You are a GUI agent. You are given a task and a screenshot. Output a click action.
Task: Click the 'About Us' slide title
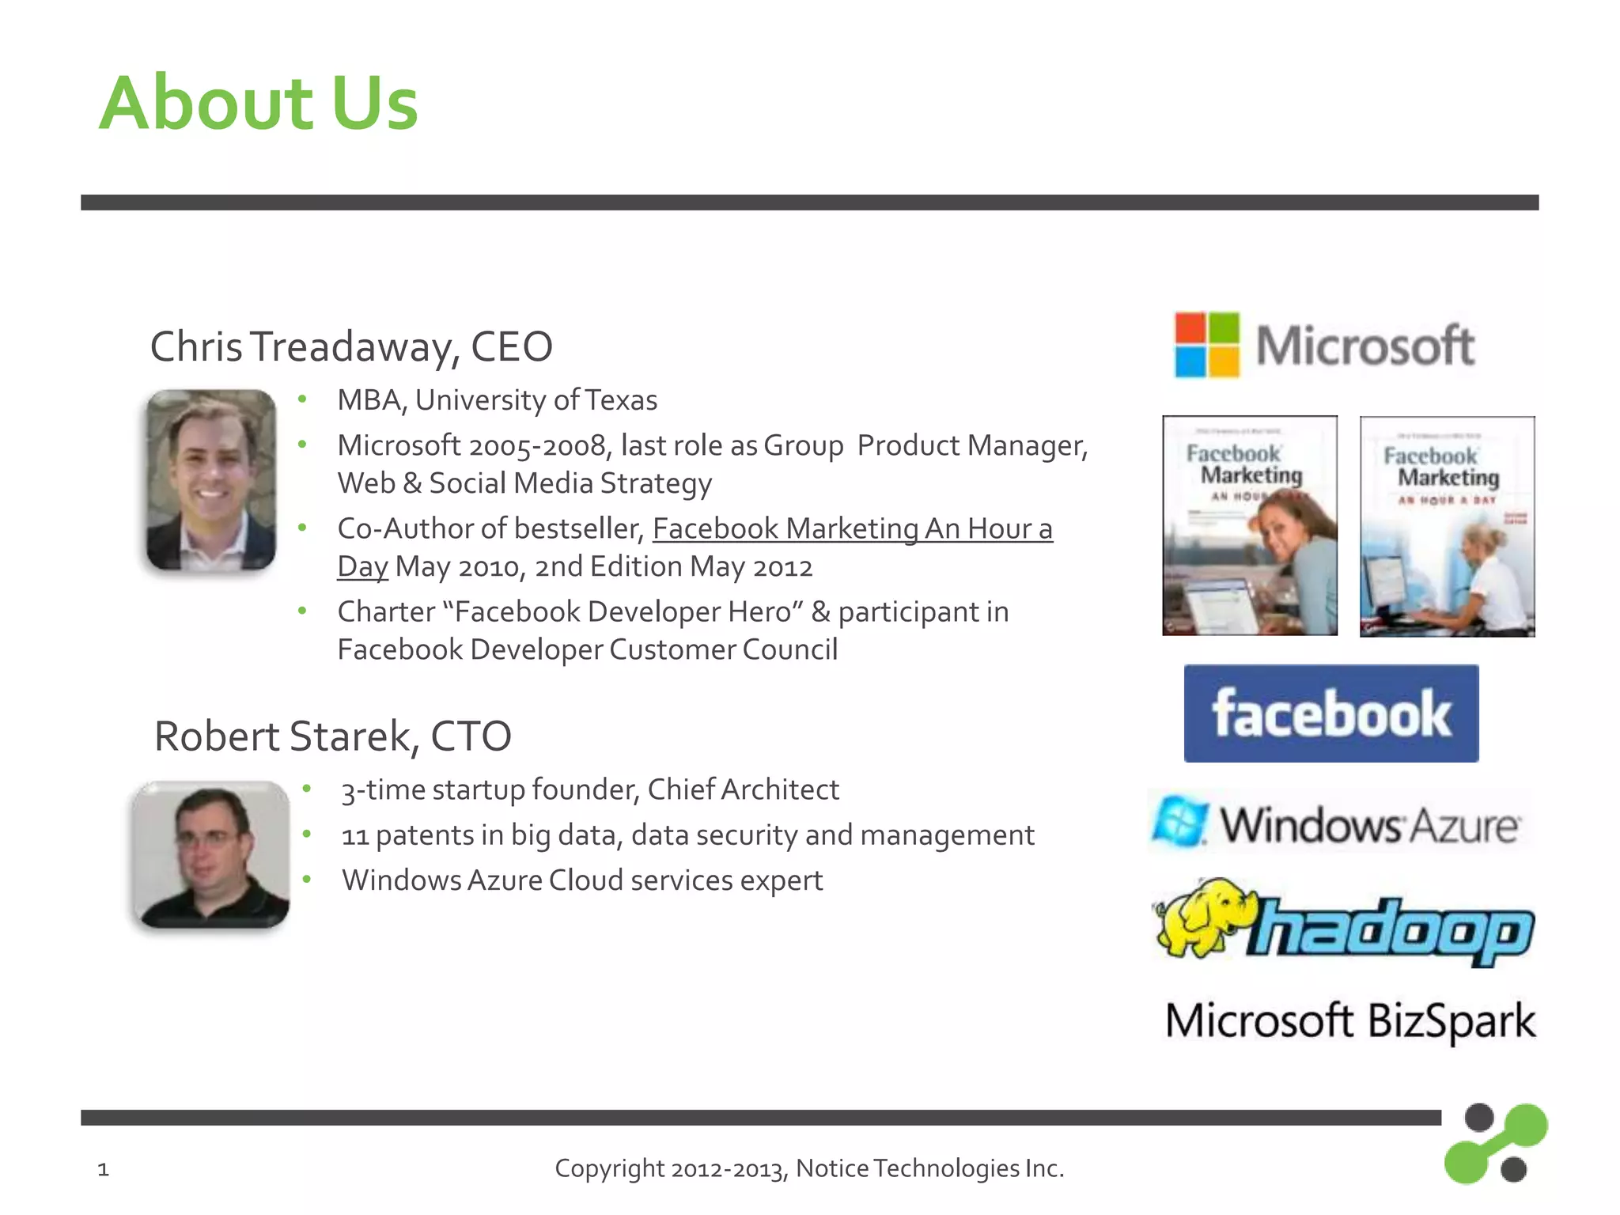point(259,103)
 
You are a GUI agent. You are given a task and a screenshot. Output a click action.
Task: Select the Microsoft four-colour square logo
point(1207,345)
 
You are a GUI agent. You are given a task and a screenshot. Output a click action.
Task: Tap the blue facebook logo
point(1331,713)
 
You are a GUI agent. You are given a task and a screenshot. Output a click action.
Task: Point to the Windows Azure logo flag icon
point(1179,822)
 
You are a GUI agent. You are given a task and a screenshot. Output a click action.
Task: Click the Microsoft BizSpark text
point(1350,1020)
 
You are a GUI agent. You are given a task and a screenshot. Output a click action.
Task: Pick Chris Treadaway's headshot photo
point(211,480)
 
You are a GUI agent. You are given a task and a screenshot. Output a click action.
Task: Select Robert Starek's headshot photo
point(211,854)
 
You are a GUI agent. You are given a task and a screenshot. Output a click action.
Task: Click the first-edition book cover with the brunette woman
point(1250,526)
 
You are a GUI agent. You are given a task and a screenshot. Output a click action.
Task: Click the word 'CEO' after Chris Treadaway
point(512,347)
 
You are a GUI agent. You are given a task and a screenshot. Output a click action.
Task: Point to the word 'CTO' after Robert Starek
point(471,736)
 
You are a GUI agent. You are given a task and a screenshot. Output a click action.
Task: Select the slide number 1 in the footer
point(103,1169)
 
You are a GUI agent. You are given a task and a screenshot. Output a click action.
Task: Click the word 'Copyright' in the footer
point(609,1168)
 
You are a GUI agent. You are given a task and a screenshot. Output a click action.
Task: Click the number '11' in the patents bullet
point(355,836)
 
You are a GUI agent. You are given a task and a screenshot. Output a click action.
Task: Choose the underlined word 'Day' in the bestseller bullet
point(362,567)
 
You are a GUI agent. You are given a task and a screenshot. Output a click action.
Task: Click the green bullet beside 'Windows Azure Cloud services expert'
point(306,880)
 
